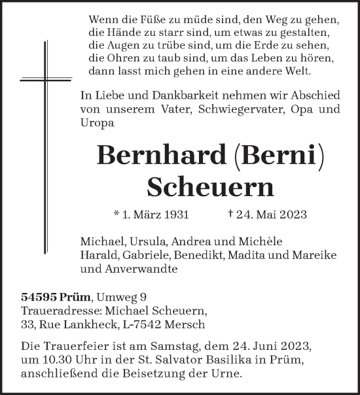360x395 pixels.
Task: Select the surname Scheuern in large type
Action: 210,186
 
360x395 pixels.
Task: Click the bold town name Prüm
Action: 74,295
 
